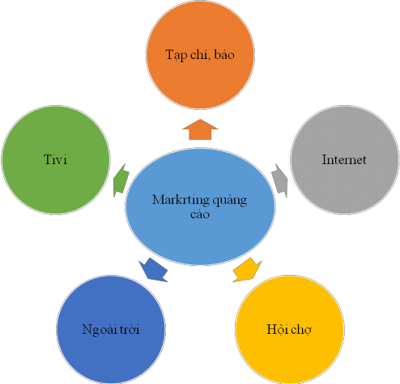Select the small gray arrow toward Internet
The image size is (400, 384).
tap(280, 179)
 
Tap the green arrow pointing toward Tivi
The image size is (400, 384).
tap(120, 179)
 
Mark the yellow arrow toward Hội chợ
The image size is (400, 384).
tap(248, 268)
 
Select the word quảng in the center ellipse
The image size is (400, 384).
tap(228, 200)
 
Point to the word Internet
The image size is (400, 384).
tap(344, 159)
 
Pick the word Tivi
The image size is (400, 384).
tap(55, 159)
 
